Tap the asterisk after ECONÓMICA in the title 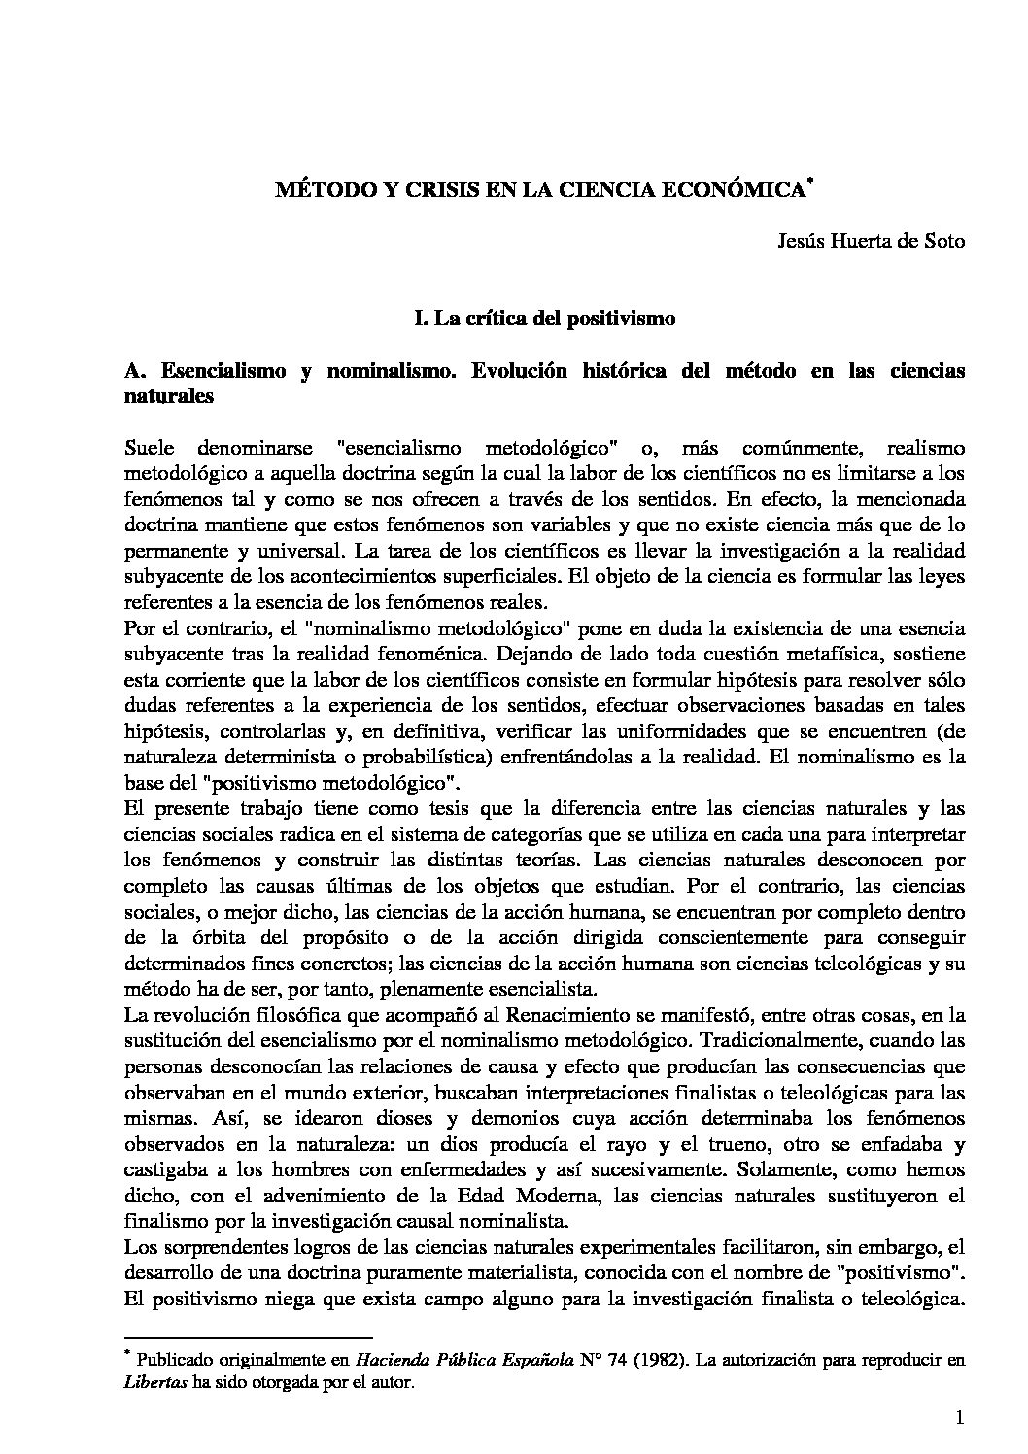[x=808, y=182]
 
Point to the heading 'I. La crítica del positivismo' [x=543, y=318]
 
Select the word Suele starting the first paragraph [x=151, y=449]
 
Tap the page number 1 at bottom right [x=958, y=1422]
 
